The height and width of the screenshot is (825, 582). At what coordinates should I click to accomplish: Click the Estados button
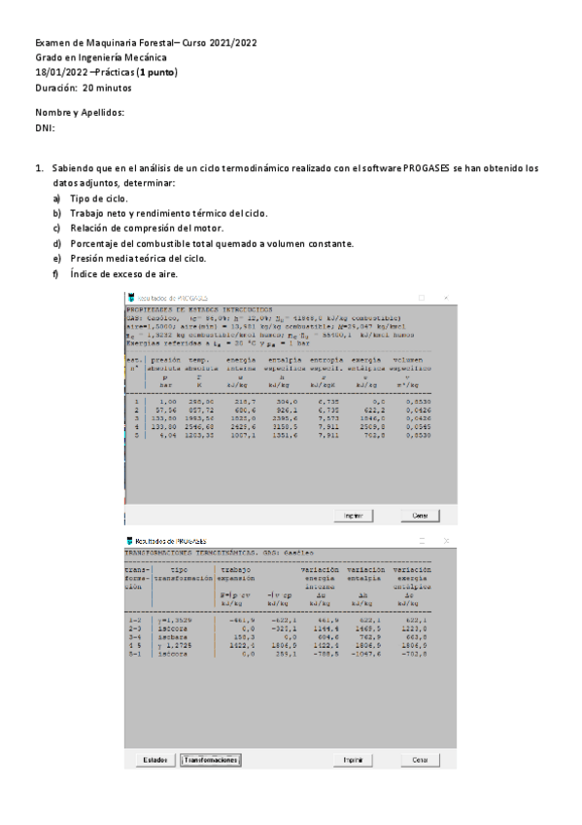(155, 759)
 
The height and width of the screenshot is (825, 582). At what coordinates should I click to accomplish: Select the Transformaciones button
(210, 759)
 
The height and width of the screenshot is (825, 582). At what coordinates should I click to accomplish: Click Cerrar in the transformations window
(420, 759)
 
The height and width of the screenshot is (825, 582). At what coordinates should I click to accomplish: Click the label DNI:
(45, 127)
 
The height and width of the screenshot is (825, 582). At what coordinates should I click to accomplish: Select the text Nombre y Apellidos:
(80, 113)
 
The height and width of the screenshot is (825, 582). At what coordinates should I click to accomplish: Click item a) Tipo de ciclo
(98, 198)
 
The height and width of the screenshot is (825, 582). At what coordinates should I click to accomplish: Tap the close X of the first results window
(445, 297)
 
